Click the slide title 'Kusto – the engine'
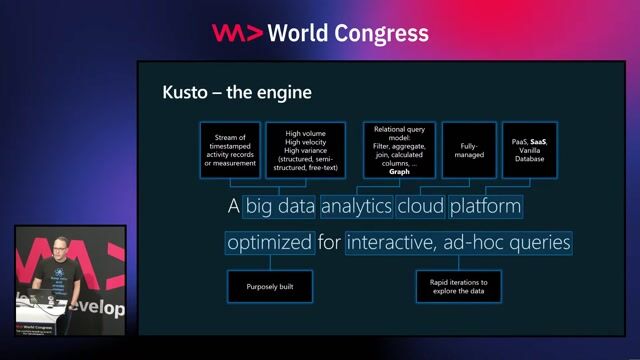click(237, 93)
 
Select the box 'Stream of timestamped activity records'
click(229, 150)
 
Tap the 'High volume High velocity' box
click(305, 150)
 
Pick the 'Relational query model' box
click(399, 150)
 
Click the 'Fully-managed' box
click(469, 150)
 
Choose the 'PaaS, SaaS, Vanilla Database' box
click(529, 150)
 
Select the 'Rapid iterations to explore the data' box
click(458, 286)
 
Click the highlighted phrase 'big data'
click(280, 208)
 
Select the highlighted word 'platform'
click(485, 208)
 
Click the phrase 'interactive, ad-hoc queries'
click(459, 242)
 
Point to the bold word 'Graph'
click(399, 171)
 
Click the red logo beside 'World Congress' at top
click(237, 33)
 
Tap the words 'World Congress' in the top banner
click(349, 33)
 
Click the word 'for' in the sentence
click(330, 242)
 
